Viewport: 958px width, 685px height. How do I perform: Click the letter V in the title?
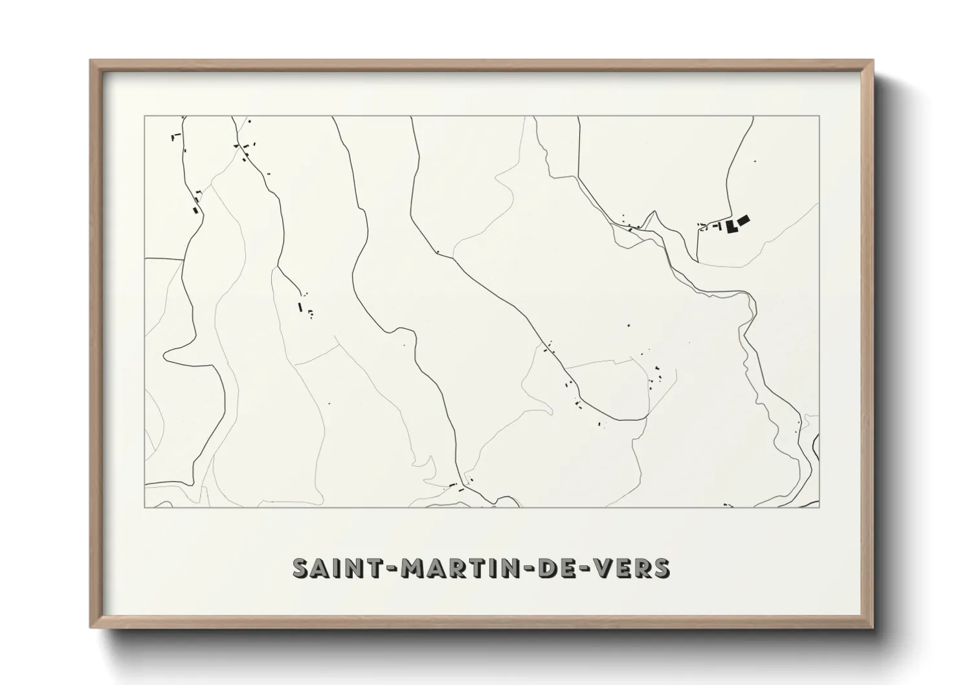598,568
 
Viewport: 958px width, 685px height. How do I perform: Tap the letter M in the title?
412,568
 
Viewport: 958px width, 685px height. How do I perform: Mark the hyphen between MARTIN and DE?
531,568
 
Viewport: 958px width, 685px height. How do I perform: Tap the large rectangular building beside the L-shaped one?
743,220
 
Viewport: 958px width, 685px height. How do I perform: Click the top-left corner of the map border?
144,117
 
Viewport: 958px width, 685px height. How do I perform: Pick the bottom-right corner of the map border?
819,507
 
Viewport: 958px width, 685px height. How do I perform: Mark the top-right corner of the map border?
819,117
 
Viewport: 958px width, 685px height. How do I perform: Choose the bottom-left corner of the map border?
144,507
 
